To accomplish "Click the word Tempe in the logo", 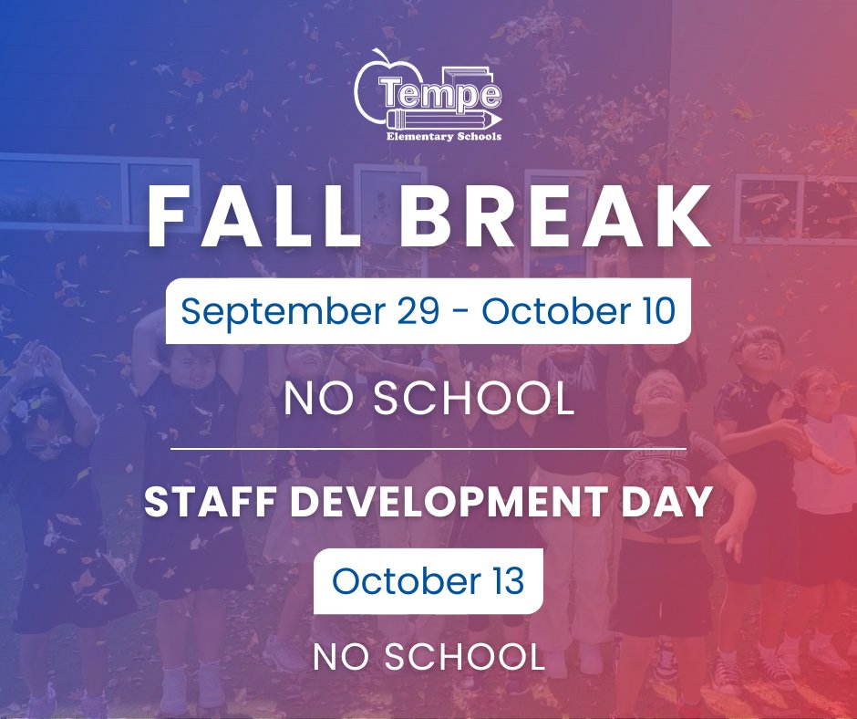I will [442, 93].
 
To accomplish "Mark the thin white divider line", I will [428, 449].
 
